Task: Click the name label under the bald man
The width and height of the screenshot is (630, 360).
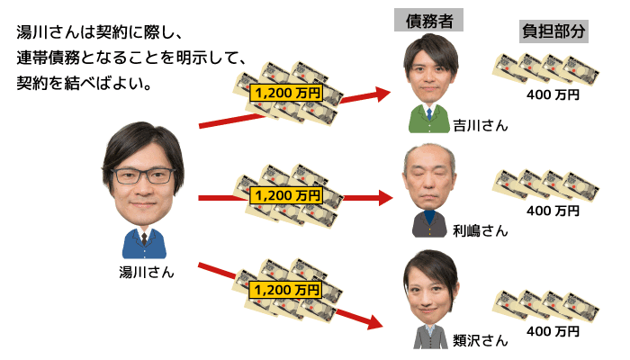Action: coord(479,231)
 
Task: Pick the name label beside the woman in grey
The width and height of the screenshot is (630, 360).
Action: coord(481,340)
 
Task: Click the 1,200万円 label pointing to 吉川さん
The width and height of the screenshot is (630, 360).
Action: coord(287,92)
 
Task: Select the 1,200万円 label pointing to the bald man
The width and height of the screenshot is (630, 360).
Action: coord(287,194)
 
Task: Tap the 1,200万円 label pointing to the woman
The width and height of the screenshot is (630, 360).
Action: coord(287,290)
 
